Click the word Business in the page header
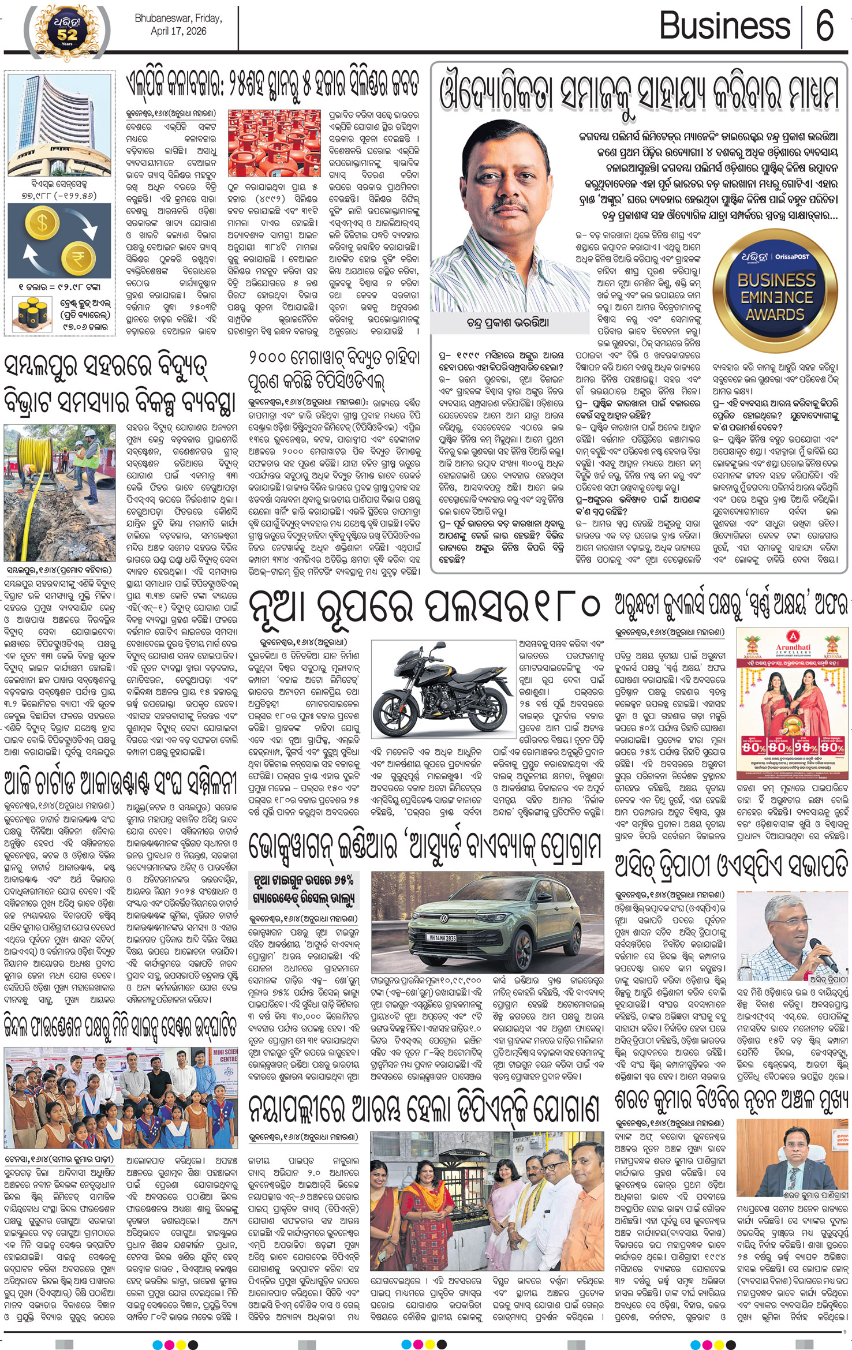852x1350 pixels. tap(724, 27)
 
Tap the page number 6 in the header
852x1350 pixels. tap(824, 27)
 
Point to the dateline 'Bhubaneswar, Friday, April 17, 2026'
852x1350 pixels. tap(178, 25)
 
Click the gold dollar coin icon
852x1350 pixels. tap(43, 223)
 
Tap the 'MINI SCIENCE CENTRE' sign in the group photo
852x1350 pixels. tap(225, 1055)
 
